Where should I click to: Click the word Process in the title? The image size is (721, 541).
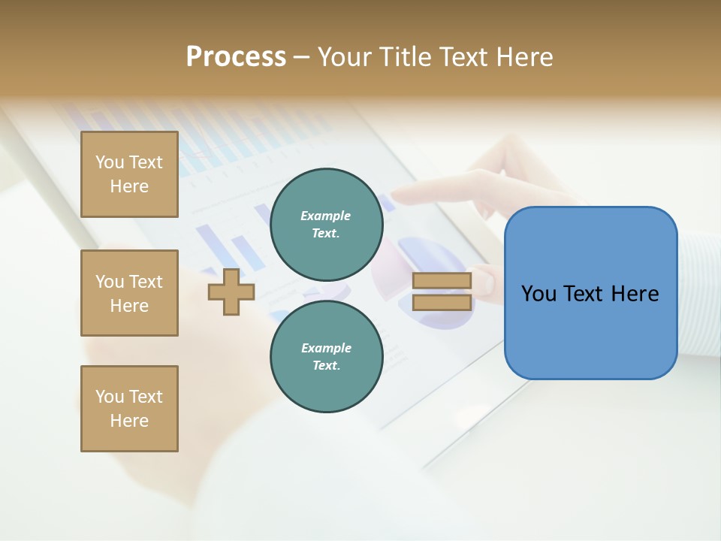click(x=236, y=57)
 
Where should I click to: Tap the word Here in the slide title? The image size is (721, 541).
click(x=523, y=57)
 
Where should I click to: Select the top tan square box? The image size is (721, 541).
click(x=129, y=174)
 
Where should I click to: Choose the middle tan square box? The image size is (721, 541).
click(x=129, y=293)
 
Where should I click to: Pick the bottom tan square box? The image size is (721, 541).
click(x=129, y=409)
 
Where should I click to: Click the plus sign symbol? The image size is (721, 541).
click(x=231, y=291)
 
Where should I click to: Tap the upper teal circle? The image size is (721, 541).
click(x=326, y=225)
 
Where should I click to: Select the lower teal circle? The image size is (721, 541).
click(x=326, y=357)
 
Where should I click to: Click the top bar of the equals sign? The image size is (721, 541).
click(x=442, y=281)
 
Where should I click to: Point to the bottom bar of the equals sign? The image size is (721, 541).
click(x=442, y=302)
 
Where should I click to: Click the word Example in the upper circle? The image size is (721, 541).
click(x=326, y=216)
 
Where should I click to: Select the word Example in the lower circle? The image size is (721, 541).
click(x=326, y=348)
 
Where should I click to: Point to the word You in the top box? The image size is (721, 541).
click(x=109, y=162)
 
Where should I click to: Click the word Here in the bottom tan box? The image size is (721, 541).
click(x=129, y=421)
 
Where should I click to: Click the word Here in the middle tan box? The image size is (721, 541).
click(x=129, y=306)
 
